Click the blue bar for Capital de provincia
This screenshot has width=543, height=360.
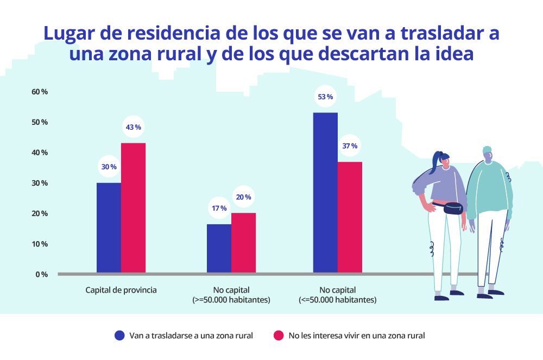[x=109, y=228]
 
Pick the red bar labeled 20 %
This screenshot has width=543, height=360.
[x=243, y=243]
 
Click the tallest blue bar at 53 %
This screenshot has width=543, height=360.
[x=325, y=192]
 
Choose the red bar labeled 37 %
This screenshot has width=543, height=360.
[x=350, y=217]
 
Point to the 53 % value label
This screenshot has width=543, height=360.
[x=325, y=97]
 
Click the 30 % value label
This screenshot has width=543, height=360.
[x=109, y=167]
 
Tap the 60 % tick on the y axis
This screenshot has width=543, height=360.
[x=40, y=92]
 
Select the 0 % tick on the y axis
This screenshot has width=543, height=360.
[x=41, y=274]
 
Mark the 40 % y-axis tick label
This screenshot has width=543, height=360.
[x=40, y=153]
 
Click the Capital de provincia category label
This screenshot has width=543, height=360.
[x=121, y=290]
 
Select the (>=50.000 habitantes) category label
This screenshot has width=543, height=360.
[x=231, y=300]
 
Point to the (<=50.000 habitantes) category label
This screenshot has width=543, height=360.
[x=337, y=300]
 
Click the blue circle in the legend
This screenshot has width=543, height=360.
[x=119, y=336]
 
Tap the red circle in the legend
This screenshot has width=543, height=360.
[x=279, y=336]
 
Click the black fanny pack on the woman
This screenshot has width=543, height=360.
[x=452, y=208]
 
